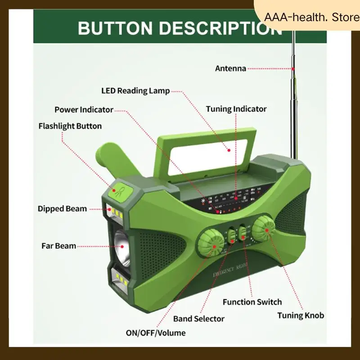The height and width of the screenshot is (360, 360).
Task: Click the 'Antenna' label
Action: point(230,69)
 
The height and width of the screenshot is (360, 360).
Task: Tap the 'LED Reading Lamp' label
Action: point(135,91)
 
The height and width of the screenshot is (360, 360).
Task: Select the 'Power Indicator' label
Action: point(84,110)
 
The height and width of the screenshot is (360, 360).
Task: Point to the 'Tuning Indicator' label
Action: point(236,109)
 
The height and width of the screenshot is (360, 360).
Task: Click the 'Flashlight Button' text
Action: point(70,126)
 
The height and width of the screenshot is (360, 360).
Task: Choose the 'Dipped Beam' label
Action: point(62,209)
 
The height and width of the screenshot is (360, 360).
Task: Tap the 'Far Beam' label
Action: point(58,246)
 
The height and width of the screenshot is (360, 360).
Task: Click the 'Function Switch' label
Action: point(252,302)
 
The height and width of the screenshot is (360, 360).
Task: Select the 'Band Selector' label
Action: point(199,319)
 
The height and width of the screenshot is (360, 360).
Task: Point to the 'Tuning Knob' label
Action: point(300,315)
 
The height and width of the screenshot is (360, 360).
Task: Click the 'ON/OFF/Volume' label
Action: point(156,333)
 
